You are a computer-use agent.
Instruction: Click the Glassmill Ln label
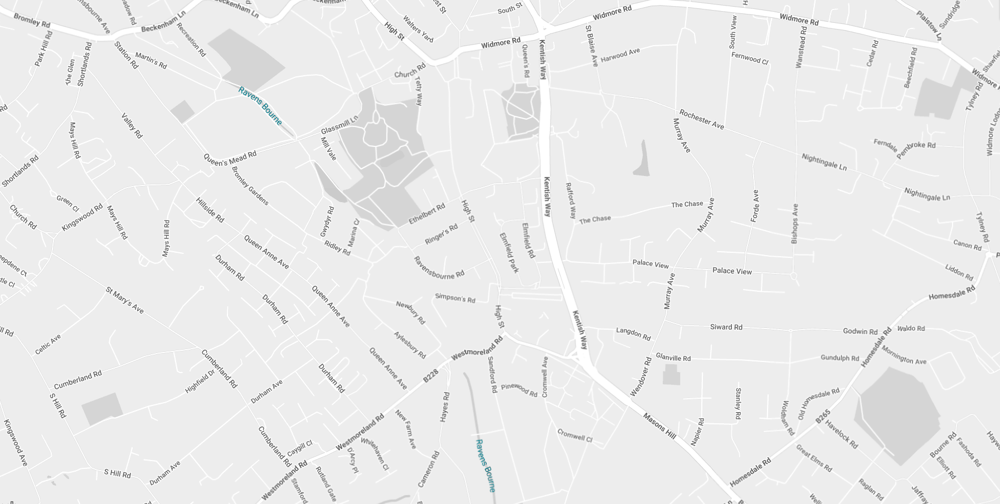coord(339,125)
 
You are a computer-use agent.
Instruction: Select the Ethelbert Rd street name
coord(427,214)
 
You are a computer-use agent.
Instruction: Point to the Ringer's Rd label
coord(441,234)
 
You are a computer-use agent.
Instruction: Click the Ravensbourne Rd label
coord(439,268)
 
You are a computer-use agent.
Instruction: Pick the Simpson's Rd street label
coord(455,298)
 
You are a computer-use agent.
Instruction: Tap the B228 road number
coord(431,374)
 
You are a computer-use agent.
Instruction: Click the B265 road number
coord(823,416)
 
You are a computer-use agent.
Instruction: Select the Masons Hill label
coord(659,426)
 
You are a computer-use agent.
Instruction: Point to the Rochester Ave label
coord(701,120)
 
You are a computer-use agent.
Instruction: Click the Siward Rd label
coord(726,327)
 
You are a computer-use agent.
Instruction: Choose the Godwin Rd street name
coord(860,331)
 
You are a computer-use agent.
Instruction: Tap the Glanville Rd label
coord(673,358)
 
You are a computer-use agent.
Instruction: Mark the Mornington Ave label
coord(904,356)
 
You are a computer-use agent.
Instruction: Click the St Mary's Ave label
coord(125,300)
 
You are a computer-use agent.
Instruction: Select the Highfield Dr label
coord(200,382)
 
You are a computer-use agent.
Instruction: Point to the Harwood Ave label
coord(620,55)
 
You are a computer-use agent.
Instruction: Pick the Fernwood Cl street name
coord(750,58)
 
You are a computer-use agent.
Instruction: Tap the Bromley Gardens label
coord(250,186)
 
